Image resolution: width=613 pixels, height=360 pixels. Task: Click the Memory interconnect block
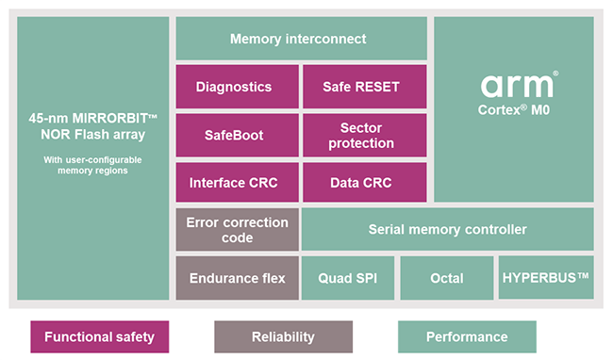(x=298, y=40)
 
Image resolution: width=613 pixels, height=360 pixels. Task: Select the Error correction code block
(x=237, y=230)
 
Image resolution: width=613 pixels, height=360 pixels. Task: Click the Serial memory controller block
(x=447, y=230)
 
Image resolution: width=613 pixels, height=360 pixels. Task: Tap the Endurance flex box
(x=237, y=278)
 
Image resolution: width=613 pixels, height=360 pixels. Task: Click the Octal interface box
(x=446, y=278)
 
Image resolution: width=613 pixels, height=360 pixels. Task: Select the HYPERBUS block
(x=546, y=278)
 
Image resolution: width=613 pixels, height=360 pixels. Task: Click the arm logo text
(x=518, y=87)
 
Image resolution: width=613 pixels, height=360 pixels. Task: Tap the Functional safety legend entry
(x=99, y=336)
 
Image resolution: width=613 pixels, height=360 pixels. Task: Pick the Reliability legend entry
(x=283, y=336)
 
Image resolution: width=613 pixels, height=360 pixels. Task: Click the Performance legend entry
(x=467, y=336)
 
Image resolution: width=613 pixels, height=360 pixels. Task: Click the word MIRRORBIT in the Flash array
(x=107, y=119)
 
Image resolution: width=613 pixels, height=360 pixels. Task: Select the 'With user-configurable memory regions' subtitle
(x=92, y=165)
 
